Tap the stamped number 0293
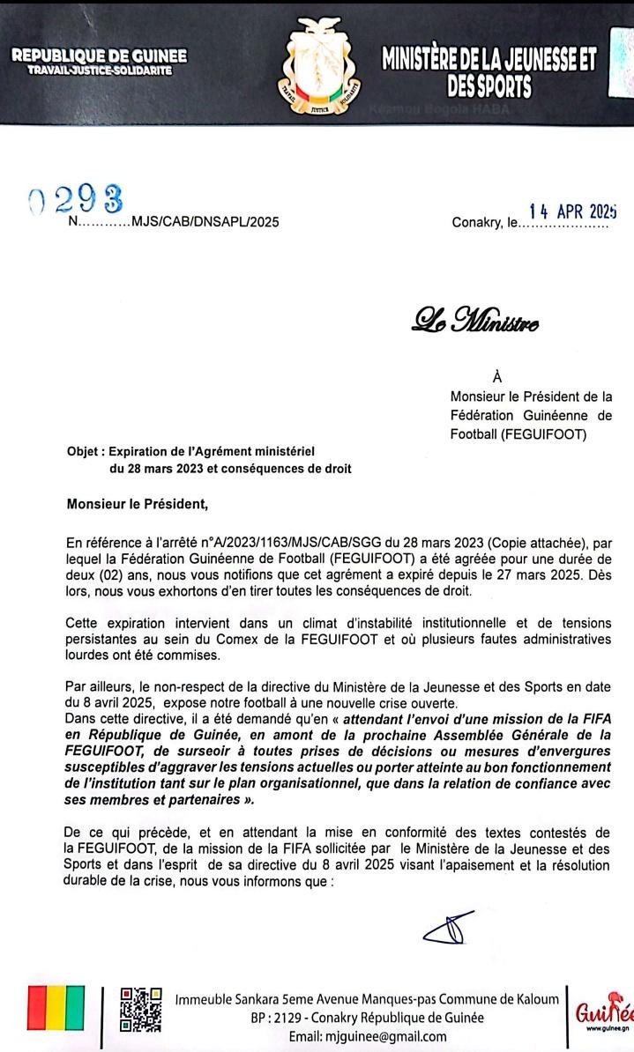click(x=75, y=201)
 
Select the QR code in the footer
click(x=140, y=1009)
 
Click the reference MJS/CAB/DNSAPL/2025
click(x=204, y=222)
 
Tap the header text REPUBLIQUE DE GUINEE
click(x=99, y=56)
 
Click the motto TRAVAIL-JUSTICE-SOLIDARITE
click(x=100, y=70)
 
